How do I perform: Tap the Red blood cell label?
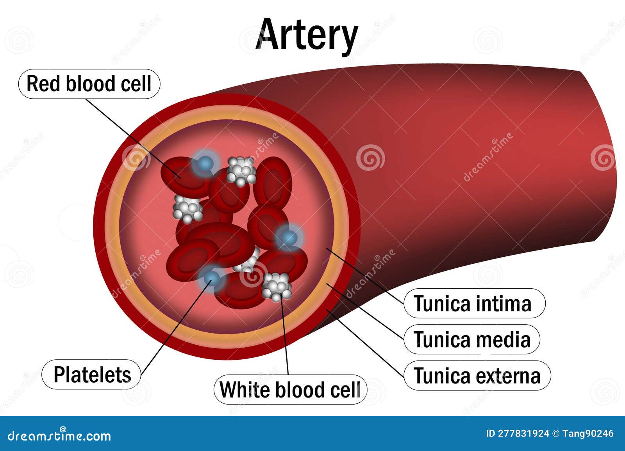coord(89,84)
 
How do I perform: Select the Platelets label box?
coord(91,375)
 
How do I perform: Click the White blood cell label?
coord(290,389)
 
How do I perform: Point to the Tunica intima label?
coord(473,304)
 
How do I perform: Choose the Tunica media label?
coord(472,339)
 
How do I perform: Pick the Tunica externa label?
coord(477,376)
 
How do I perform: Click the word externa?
coord(508,376)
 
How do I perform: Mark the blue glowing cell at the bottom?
coord(212,277)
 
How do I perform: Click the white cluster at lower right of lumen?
coord(277,287)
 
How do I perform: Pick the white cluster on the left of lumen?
coord(187,208)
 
